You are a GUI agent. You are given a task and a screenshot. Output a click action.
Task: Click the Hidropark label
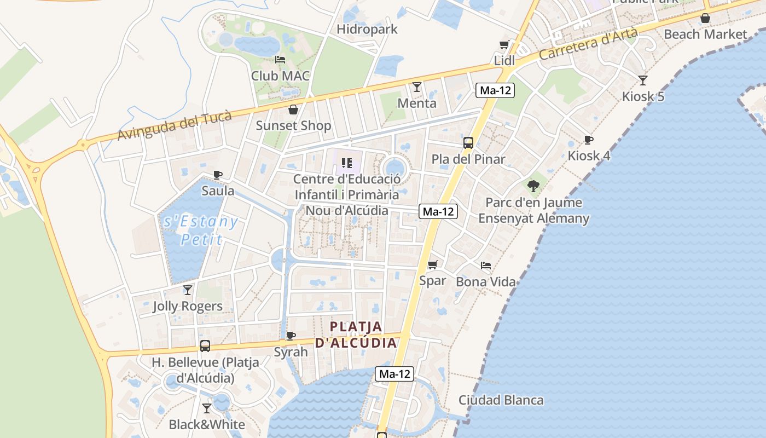pyautogui.click(x=367, y=29)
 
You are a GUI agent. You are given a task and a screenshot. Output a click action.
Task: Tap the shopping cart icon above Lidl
pyautogui.click(x=504, y=44)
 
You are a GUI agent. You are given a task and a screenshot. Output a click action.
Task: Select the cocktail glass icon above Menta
pyautogui.click(x=417, y=87)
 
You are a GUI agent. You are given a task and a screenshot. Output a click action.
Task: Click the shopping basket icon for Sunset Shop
pyautogui.click(x=293, y=109)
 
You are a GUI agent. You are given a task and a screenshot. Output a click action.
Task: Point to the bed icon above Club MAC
pyautogui.click(x=280, y=60)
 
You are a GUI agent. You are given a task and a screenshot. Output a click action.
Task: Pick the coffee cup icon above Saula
pyautogui.click(x=218, y=175)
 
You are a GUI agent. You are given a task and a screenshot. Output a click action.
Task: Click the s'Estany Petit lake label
pyautogui.click(x=201, y=230)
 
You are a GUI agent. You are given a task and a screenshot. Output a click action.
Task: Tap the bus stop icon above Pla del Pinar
pyautogui.click(x=468, y=143)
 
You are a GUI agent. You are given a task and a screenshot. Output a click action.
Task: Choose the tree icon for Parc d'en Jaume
pyautogui.click(x=533, y=186)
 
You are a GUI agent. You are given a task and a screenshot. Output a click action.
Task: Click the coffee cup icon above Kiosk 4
pyautogui.click(x=589, y=140)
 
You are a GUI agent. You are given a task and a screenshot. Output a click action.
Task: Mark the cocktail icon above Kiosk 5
pyautogui.click(x=643, y=80)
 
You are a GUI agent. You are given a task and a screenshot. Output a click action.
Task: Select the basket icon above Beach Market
pyautogui.click(x=705, y=18)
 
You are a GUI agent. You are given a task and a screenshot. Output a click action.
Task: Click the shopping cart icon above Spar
pyautogui.click(x=433, y=265)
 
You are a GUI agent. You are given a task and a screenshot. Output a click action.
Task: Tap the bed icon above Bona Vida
pyautogui.click(x=486, y=266)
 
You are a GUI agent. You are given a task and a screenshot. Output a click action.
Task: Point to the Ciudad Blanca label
pyautogui.click(x=501, y=400)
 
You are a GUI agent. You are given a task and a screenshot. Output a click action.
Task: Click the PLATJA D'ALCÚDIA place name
pyautogui.click(x=356, y=335)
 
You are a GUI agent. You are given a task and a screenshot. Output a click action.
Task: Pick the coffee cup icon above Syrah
pyautogui.click(x=291, y=336)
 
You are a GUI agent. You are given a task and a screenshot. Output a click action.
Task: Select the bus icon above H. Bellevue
pyautogui.click(x=205, y=346)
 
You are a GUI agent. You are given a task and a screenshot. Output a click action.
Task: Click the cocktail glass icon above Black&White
pyautogui.click(x=207, y=408)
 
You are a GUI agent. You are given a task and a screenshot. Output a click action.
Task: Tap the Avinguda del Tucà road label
pyautogui.click(x=175, y=125)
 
